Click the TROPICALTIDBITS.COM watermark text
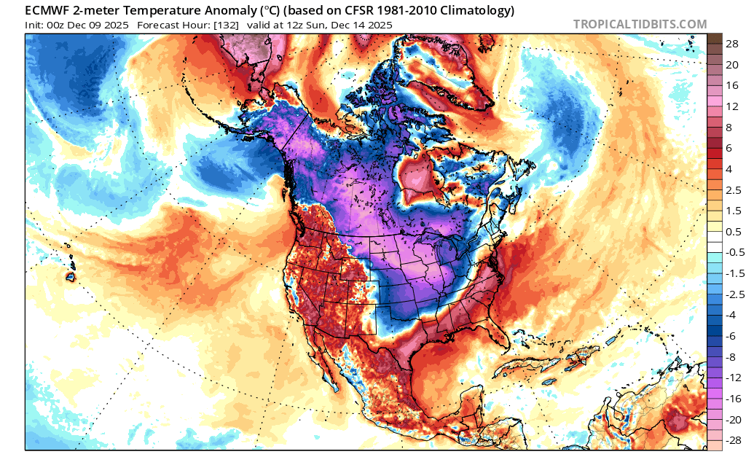640,24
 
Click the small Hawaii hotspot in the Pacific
71,276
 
